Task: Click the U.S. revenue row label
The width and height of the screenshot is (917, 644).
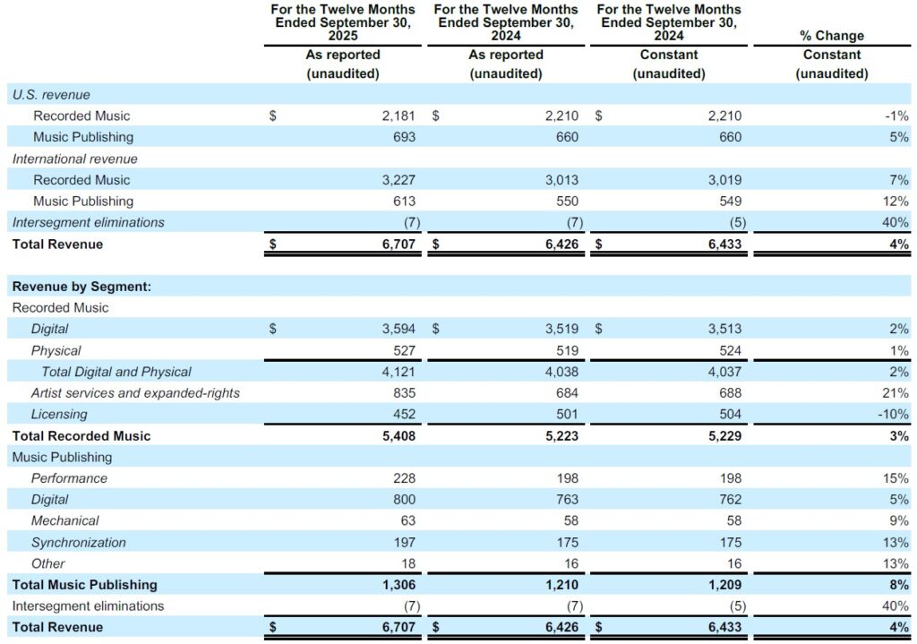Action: pyautogui.click(x=51, y=94)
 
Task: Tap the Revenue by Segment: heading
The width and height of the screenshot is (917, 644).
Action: pyautogui.click(x=81, y=287)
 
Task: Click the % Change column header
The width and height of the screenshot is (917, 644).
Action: pyautogui.click(x=831, y=36)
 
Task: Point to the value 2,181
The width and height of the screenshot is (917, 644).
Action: pyautogui.click(x=398, y=116)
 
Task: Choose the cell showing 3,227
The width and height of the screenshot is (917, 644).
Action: pyautogui.click(x=398, y=180)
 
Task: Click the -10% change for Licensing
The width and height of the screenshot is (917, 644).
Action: pyautogui.click(x=892, y=415)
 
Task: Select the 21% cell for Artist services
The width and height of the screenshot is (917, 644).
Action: pyautogui.click(x=895, y=393)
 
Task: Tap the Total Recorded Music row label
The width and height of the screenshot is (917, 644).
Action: pyautogui.click(x=81, y=436)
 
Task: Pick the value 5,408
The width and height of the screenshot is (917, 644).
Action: pyautogui.click(x=398, y=436)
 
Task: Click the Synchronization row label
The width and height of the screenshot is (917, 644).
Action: pyautogui.click(x=79, y=543)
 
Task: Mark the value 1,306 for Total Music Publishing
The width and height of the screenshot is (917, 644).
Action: pyautogui.click(x=398, y=585)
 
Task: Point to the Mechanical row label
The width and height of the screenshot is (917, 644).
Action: pyautogui.click(x=65, y=521)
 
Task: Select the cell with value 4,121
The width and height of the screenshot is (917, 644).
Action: pyautogui.click(x=398, y=372)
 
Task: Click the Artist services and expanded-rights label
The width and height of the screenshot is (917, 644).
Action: pyautogui.click(x=135, y=393)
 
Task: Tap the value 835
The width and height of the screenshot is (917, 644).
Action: pyautogui.click(x=403, y=393)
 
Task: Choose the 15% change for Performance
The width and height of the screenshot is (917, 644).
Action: pyautogui.click(x=895, y=478)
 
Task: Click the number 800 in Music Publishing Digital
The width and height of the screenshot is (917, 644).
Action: pyautogui.click(x=403, y=500)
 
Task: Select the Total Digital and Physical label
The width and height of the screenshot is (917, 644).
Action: pyautogui.click(x=116, y=372)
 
